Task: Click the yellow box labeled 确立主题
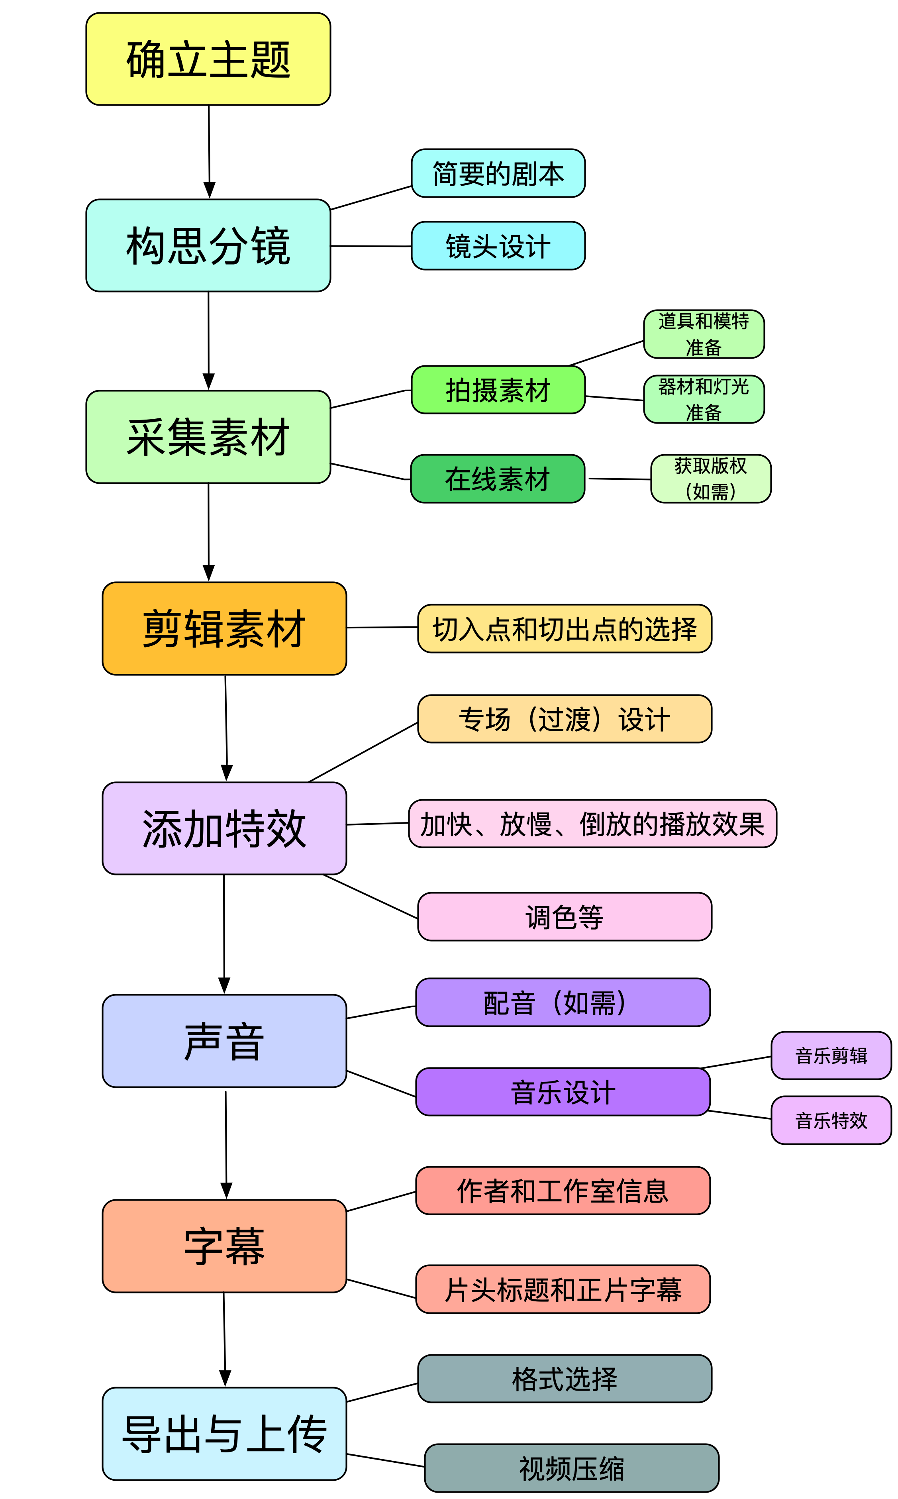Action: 208,59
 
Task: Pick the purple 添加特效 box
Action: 225,828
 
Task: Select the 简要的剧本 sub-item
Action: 498,173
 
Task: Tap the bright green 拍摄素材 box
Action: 498,390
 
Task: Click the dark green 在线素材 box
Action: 498,479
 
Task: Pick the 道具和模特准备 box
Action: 704,334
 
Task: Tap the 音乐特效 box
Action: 831,1120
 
